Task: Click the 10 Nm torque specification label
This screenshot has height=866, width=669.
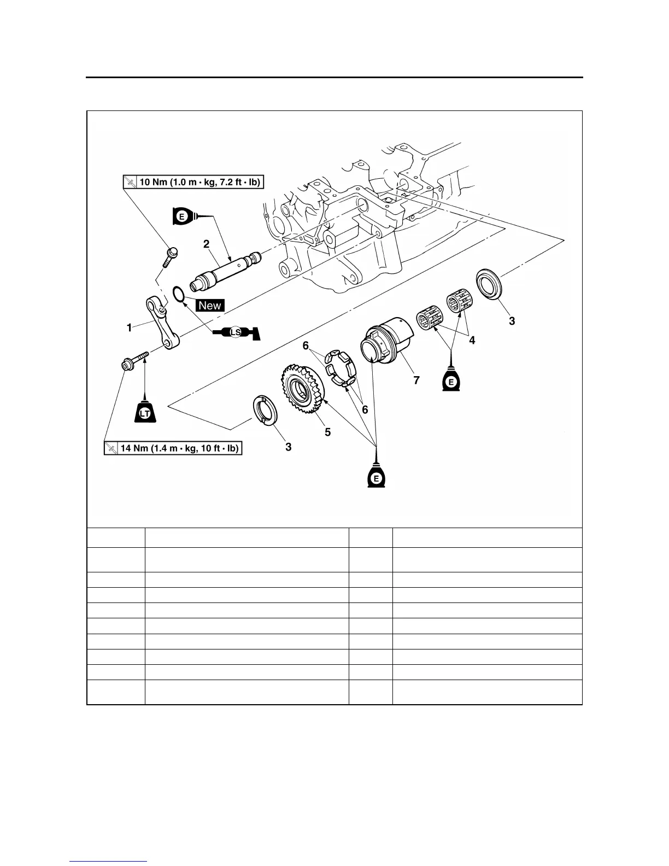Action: [x=193, y=182]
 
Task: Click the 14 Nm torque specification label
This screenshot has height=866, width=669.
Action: [x=173, y=448]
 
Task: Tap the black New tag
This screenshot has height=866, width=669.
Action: [x=210, y=306]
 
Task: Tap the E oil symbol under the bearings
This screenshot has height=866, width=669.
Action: [x=450, y=381]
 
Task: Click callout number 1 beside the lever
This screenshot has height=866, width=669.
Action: [x=129, y=328]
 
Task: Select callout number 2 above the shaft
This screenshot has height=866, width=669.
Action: [x=207, y=244]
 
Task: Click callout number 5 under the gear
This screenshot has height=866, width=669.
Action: [x=327, y=431]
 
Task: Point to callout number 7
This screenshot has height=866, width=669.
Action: [x=416, y=381]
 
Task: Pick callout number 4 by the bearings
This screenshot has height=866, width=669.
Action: [x=472, y=340]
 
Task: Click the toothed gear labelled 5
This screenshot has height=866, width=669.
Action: [x=303, y=389]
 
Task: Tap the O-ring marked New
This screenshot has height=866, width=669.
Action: [x=178, y=293]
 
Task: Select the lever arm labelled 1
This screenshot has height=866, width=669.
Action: [x=162, y=323]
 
